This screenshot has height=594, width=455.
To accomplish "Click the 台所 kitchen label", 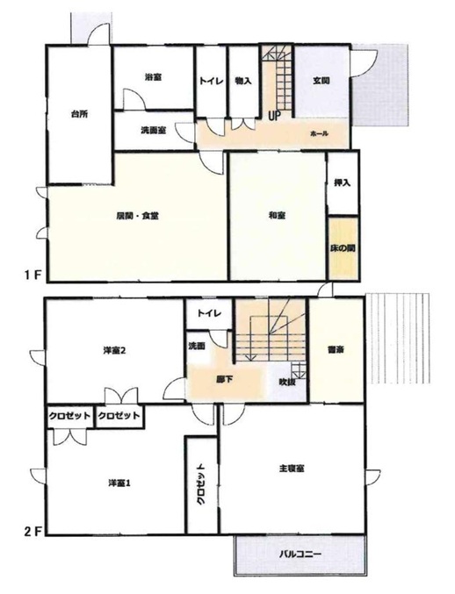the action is [x=79, y=114].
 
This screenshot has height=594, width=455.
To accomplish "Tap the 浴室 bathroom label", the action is [x=153, y=77].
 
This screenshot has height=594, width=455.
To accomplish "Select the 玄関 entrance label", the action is [x=321, y=81].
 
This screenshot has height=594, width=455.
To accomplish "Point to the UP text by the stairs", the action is [x=274, y=116].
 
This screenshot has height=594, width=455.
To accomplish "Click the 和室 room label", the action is [x=277, y=216].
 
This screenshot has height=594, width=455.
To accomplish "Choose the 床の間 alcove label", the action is [x=343, y=249].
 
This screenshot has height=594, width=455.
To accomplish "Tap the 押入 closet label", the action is [x=342, y=182].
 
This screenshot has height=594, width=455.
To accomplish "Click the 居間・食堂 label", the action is [x=137, y=216].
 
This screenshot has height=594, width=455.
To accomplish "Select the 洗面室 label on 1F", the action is [x=153, y=131].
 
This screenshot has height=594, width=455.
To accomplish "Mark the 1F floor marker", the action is [x=32, y=275].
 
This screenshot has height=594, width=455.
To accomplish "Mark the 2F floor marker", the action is [x=32, y=531].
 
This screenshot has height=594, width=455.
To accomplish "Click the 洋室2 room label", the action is [x=114, y=350].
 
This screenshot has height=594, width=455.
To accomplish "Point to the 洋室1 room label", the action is [x=119, y=483].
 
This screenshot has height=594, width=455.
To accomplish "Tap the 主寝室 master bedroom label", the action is [x=292, y=469].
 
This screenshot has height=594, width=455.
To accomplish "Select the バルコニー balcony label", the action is [x=300, y=555].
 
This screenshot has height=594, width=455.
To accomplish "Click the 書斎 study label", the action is [x=336, y=350].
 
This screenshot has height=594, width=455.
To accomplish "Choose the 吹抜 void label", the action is [x=287, y=382].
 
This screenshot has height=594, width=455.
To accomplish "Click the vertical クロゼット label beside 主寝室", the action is [x=201, y=483].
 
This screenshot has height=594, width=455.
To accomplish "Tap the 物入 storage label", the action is [x=243, y=81].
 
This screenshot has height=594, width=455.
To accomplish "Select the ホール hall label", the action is [x=319, y=133].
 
